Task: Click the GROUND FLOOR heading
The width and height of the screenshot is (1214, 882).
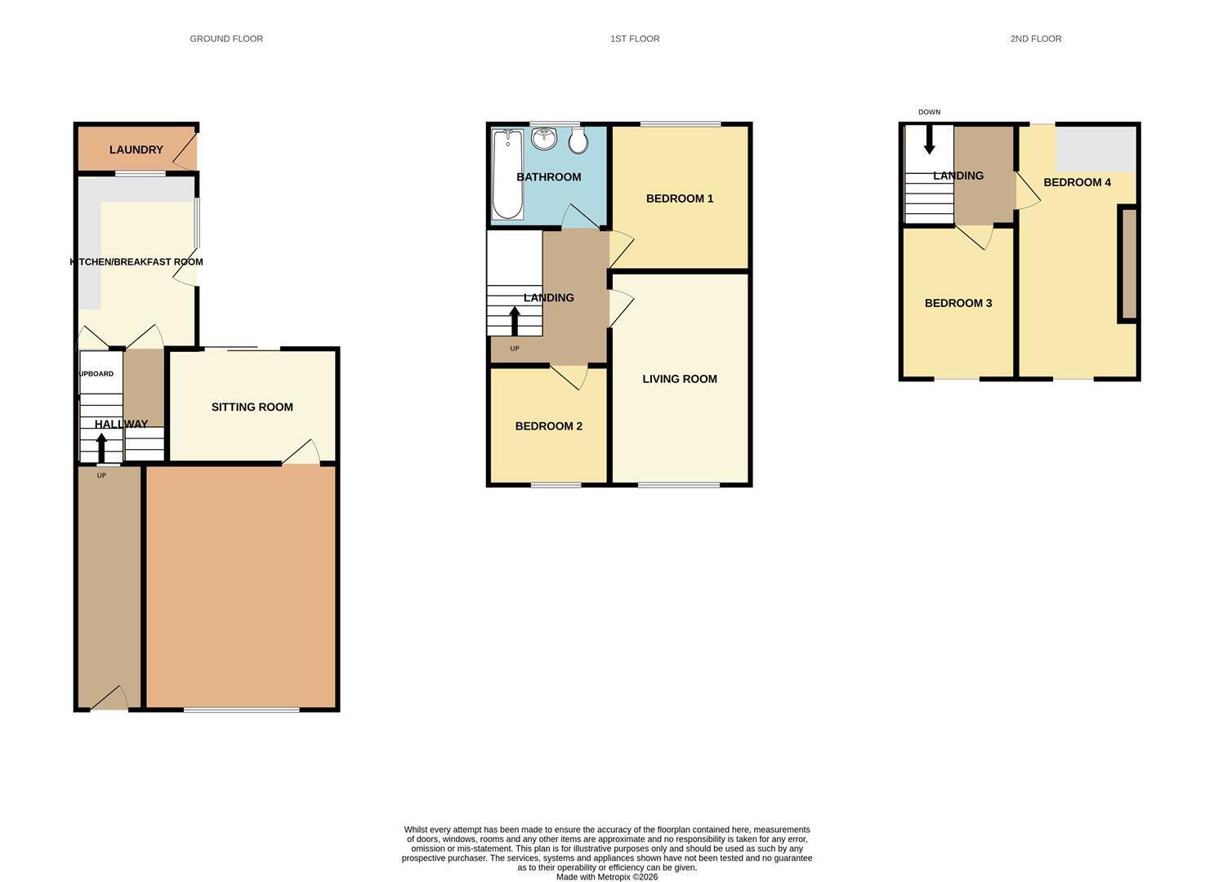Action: tap(226, 38)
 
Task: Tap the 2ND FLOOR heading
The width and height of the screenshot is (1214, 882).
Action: tap(1035, 38)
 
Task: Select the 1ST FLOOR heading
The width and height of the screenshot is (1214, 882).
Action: tap(635, 38)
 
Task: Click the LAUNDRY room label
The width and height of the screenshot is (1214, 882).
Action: tap(136, 149)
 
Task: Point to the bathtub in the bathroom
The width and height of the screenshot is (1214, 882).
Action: tap(507, 174)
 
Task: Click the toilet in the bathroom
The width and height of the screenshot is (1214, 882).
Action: tap(578, 140)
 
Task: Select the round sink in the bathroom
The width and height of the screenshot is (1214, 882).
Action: tap(544, 138)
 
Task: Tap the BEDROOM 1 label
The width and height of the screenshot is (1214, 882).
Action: tap(680, 198)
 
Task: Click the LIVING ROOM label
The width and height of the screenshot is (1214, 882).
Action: tap(680, 379)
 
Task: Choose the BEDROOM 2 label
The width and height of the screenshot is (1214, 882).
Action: tap(548, 425)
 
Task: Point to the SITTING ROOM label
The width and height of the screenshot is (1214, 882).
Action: tap(252, 407)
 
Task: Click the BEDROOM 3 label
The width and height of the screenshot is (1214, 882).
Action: tap(958, 303)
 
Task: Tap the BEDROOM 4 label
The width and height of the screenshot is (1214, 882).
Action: tap(1077, 182)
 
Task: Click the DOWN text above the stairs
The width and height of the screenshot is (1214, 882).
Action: tap(929, 112)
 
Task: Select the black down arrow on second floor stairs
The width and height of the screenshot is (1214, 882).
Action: tap(929, 140)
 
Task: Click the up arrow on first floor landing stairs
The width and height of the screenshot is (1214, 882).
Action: tap(515, 321)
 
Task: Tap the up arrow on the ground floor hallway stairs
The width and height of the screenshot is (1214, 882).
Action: tap(101, 448)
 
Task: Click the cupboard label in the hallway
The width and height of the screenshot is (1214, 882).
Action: tap(96, 373)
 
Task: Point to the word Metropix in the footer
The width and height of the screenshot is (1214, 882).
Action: tap(614, 876)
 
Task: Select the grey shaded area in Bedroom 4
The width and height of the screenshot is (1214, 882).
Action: tap(1096, 149)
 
